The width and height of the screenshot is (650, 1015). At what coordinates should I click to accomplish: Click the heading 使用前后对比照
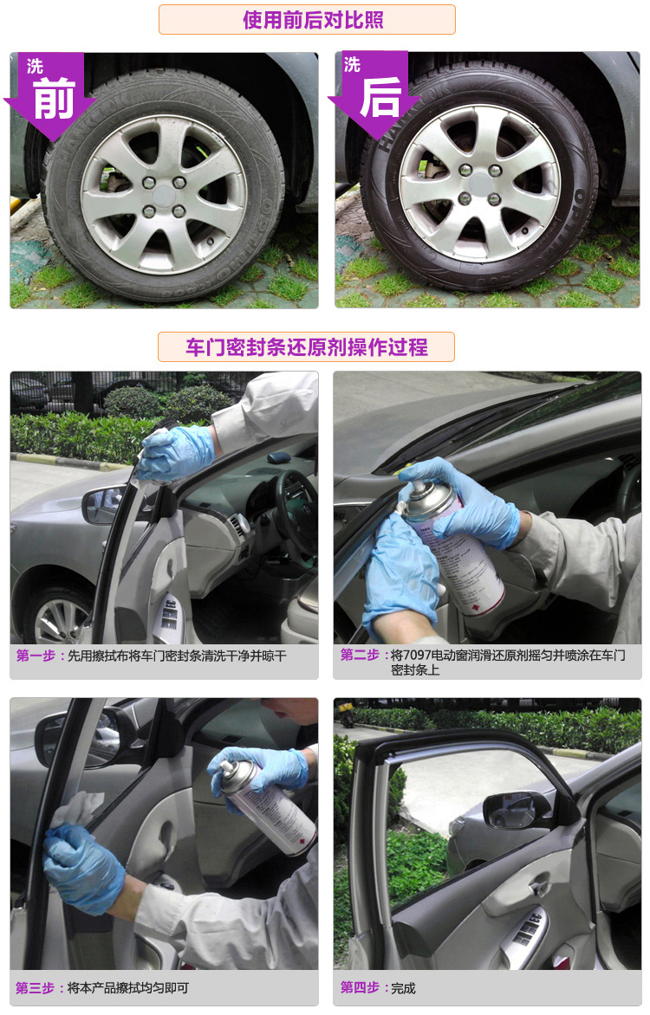[x=313, y=20]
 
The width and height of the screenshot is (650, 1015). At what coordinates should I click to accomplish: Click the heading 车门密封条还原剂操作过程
[x=307, y=347]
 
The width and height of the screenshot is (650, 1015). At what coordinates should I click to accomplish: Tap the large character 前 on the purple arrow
[x=54, y=98]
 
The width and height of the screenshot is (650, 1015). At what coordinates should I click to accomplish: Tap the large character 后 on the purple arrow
[x=380, y=97]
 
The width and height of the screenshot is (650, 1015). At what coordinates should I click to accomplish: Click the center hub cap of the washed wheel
[x=479, y=184]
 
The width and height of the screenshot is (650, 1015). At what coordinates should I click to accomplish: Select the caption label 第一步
[x=36, y=656]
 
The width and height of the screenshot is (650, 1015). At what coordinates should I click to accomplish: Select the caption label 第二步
[x=360, y=655]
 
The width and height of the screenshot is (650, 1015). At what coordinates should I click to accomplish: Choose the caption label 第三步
[x=35, y=988]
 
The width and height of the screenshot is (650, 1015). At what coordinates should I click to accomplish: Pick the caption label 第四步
[x=360, y=987]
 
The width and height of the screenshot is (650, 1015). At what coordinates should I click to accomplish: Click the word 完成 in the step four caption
[x=403, y=988]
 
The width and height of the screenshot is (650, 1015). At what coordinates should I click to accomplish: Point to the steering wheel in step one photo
[x=295, y=511]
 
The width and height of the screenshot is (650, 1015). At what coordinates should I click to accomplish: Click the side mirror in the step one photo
[x=104, y=505]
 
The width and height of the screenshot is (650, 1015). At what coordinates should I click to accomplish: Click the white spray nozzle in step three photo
[x=226, y=767]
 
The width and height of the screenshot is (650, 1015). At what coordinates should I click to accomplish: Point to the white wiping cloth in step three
[x=78, y=809]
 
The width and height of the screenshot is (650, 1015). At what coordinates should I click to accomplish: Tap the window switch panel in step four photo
[x=526, y=932]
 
